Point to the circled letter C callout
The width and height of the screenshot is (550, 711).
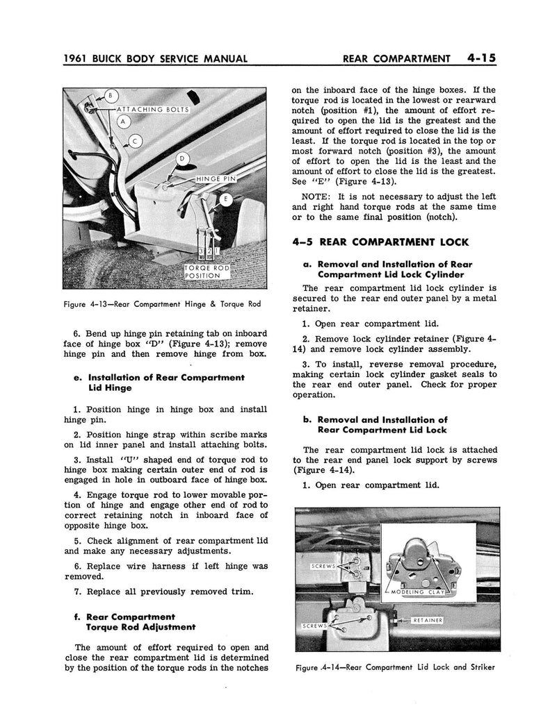[136, 142]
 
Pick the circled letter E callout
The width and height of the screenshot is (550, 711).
[226, 199]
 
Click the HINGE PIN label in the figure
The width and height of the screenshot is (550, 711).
[216, 179]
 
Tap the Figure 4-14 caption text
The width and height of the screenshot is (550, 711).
[395, 668]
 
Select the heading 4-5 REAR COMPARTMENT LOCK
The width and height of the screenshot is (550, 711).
[380, 242]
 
